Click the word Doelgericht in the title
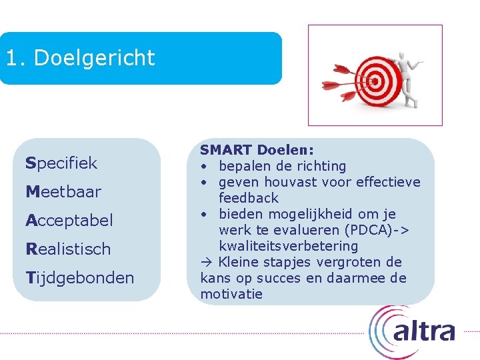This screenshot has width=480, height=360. click(94, 58)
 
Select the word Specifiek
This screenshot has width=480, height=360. click(61, 163)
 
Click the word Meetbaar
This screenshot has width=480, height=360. click(63, 192)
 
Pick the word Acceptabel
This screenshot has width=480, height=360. click(69, 220)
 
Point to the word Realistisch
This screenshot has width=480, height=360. click(68, 249)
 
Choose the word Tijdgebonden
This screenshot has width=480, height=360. click(79, 277)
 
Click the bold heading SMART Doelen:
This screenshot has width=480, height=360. click(257, 150)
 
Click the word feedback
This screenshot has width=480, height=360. click(249, 198)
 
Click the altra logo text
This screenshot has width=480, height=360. click(424, 331)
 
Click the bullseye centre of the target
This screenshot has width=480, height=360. click(374, 82)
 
